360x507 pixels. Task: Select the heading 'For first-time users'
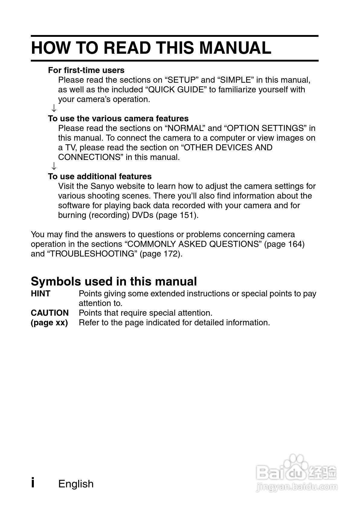click(86, 70)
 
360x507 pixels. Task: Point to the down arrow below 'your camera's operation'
click(54, 108)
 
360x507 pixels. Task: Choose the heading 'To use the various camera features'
click(118, 119)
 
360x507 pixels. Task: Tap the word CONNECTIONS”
click(91, 157)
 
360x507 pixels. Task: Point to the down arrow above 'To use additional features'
click(54, 166)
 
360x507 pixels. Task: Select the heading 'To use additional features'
click(100, 177)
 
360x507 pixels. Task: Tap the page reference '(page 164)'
click(284, 244)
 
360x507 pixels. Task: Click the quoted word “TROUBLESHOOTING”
click(92, 254)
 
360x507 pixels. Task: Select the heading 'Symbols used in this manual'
click(114, 281)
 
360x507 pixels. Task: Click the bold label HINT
click(40, 294)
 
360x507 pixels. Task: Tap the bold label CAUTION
click(50, 313)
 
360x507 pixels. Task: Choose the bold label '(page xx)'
click(49, 323)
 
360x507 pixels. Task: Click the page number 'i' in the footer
click(33, 483)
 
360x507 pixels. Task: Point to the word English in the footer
click(76, 484)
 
